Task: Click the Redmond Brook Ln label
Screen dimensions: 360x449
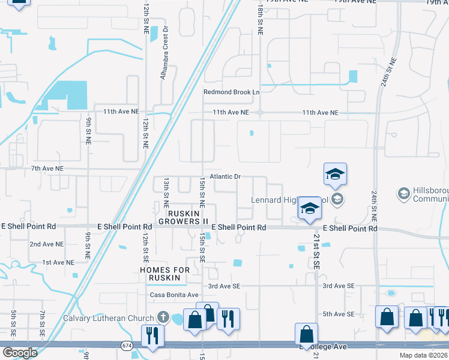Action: [231, 92]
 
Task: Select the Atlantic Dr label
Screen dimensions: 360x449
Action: [225, 176]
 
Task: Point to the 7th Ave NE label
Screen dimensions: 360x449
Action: [47, 169]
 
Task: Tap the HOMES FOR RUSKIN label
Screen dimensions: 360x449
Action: [164, 274]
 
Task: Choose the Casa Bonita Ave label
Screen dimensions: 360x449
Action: [174, 295]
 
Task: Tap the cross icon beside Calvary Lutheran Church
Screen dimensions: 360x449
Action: [163, 317]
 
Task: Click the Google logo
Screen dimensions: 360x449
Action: [19, 352]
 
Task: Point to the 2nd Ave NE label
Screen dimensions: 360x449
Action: [47, 244]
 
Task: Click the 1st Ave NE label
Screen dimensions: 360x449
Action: [58, 262]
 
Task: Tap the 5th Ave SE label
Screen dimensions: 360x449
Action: [339, 314]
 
